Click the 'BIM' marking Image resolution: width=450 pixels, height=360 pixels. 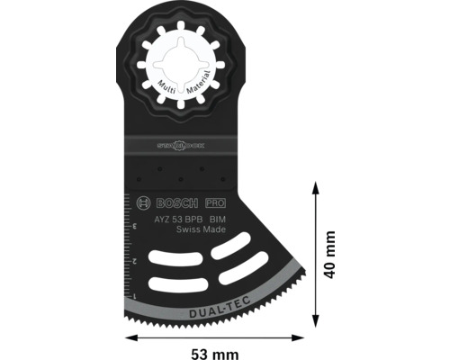(218, 219)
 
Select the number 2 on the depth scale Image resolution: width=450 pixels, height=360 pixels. (135, 260)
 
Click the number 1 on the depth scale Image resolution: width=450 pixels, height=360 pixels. (135, 294)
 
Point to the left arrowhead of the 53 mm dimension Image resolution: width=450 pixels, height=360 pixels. (130, 338)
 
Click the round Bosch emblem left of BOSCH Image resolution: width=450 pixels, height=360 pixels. (147, 205)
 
